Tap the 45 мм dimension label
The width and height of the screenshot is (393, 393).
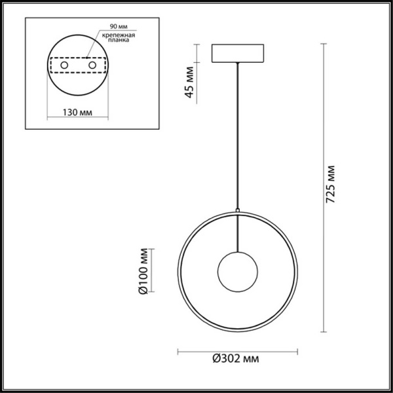click(x=190, y=82)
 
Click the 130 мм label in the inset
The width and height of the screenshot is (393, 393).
click(x=76, y=113)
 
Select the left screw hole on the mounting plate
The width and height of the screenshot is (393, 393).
click(x=64, y=66)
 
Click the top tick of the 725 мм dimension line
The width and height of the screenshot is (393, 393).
click(x=323, y=44)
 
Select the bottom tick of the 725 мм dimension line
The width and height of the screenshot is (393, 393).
click(x=323, y=331)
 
